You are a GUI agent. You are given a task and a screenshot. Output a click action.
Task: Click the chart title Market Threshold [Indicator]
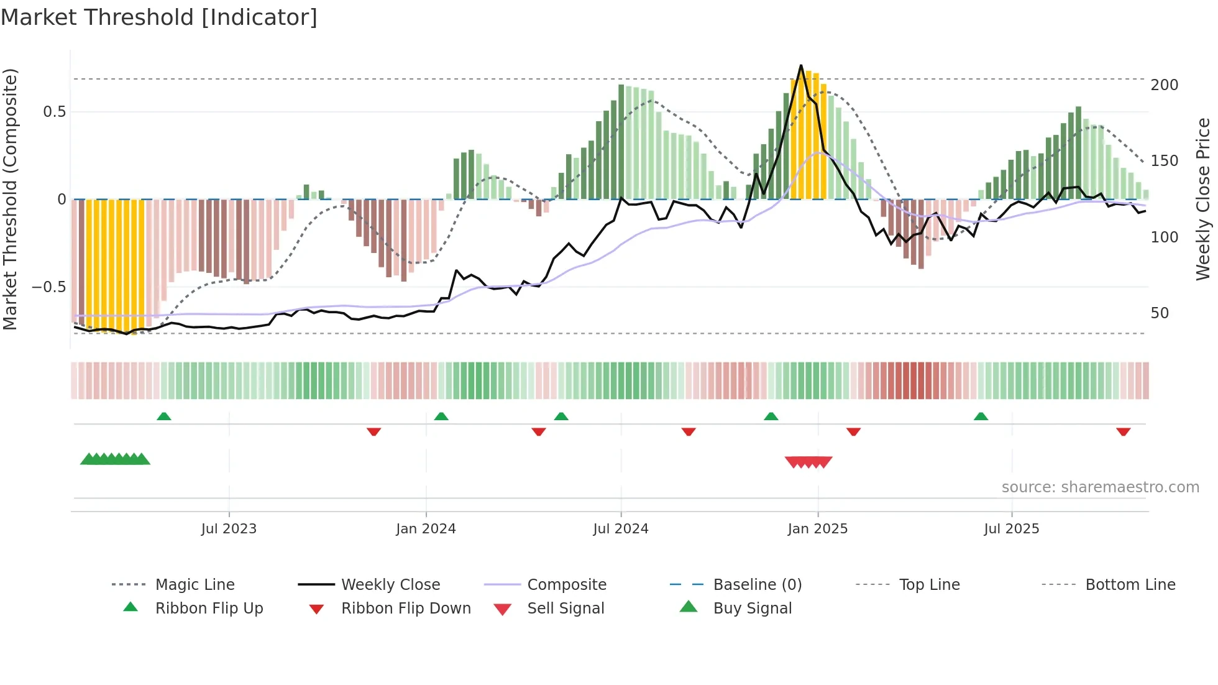[x=159, y=17]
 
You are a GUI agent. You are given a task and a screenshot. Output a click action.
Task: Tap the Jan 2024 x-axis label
[x=426, y=529]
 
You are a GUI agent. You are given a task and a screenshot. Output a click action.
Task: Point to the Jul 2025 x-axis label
[x=1011, y=529]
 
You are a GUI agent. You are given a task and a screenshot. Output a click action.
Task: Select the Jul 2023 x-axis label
[x=229, y=529]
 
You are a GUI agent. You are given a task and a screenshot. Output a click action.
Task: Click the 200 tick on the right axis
[x=1164, y=85]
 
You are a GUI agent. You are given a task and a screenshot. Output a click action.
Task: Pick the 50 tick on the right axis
[x=1160, y=313]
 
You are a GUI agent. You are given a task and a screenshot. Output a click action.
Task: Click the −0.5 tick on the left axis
[x=48, y=287]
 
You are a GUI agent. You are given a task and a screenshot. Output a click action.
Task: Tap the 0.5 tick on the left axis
[x=54, y=112]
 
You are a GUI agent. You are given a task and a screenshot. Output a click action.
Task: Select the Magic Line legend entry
[x=195, y=585]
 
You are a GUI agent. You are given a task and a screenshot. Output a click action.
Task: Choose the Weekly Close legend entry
[x=390, y=585]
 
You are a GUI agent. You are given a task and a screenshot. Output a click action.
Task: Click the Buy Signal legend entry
[x=752, y=609]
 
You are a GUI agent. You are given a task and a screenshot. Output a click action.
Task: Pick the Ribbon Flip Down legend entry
[x=406, y=609]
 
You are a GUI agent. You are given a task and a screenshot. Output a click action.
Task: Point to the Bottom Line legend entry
[x=1130, y=585]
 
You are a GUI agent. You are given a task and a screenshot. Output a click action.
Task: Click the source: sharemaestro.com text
[x=1100, y=487]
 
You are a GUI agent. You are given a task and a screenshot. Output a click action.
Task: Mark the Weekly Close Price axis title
[x=1203, y=199]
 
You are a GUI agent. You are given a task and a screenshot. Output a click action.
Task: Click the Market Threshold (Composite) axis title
[x=10, y=199]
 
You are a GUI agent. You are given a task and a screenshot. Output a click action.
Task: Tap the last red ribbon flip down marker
[x=1123, y=431]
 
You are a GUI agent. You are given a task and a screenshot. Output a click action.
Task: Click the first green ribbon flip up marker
[x=164, y=416]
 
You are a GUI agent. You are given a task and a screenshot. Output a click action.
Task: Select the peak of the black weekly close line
[x=801, y=65]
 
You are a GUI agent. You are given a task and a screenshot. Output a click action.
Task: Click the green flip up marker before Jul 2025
[x=981, y=416]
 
